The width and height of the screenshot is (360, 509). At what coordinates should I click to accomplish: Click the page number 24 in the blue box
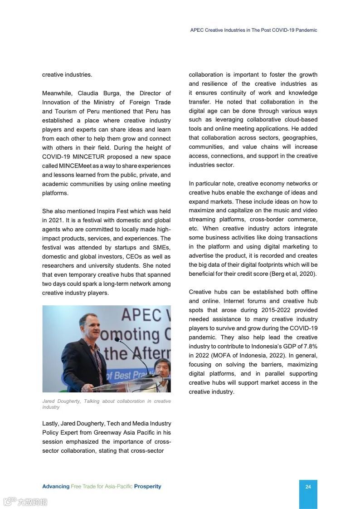(x=308, y=487)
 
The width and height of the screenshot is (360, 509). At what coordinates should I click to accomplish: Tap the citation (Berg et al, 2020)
(x=293, y=274)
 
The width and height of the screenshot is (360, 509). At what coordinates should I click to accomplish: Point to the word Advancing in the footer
(x=56, y=486)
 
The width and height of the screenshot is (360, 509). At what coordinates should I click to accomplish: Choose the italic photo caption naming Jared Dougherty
(x=107, y=404)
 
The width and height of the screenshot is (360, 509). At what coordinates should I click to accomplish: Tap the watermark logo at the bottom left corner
(x=25, y=502)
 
